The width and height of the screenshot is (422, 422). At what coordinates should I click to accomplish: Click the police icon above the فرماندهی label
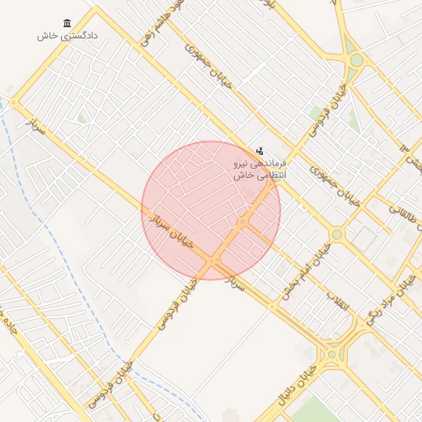pyautogui.click(x=260, y=151)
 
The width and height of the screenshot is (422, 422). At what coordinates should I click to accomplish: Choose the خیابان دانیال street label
pyautogui.click(x=285, y=392)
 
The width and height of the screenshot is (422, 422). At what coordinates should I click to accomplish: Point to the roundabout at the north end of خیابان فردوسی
pyautogui.click(x=356, y=59)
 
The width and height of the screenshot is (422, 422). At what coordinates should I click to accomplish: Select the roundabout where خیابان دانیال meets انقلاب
pyautogui.click(x=333, y=355)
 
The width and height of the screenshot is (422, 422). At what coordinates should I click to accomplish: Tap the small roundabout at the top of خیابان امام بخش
pyautogui.click(x=336, y=235)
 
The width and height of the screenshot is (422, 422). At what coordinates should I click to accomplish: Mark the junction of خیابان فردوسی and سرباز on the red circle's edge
pyautogui.click(x=213, y=262)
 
